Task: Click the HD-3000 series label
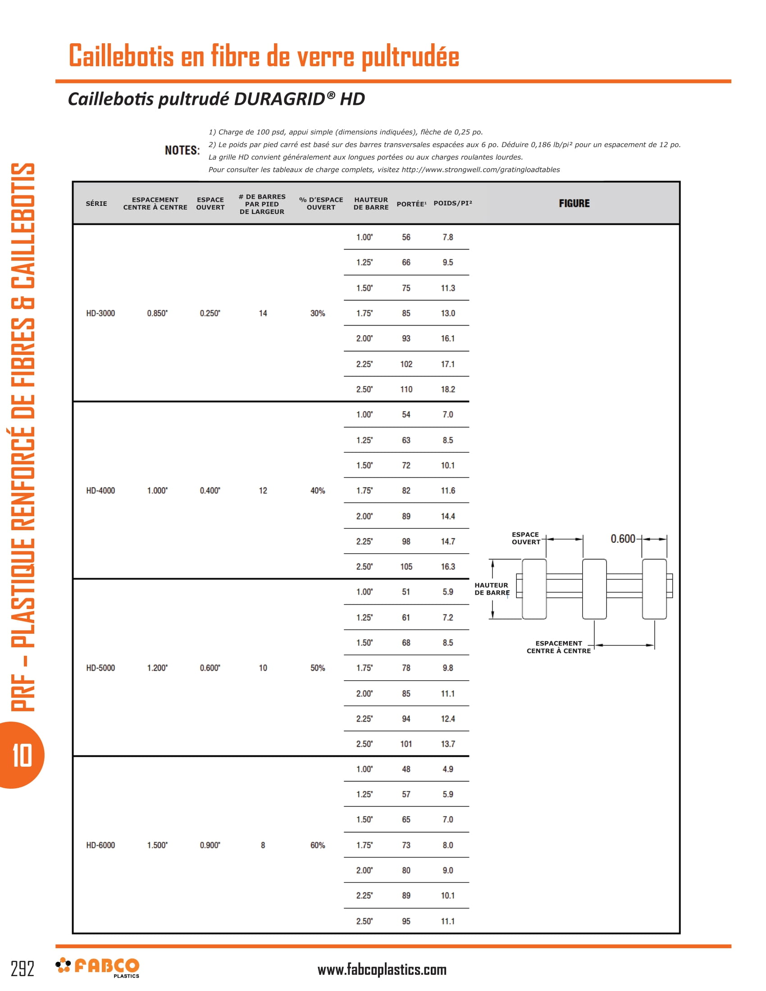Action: coord(100,314)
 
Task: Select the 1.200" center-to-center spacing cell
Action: coord(157,668)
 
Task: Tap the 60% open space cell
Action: coord(318,846)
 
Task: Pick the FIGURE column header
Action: coord(574,203)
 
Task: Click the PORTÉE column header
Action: coord(411,204)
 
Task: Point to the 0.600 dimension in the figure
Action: coord(623,539)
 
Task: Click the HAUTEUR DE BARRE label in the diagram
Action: coord(492,589)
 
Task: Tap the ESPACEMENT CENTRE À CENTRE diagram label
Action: coord(559,647)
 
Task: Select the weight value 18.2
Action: coord(448,389)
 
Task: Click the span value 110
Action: coord(406,389)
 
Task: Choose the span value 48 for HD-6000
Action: coord(406,769)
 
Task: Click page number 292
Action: coord(22,969)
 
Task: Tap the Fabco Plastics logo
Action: coord(98,967)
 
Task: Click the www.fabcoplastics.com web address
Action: coord(382,970)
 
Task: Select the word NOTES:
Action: coord(182,150)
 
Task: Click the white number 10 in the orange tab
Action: coord(22,755)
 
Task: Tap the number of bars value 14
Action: coord(263,314)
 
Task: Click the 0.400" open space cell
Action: coord(210,491)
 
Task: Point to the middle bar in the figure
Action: coord(594,589)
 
